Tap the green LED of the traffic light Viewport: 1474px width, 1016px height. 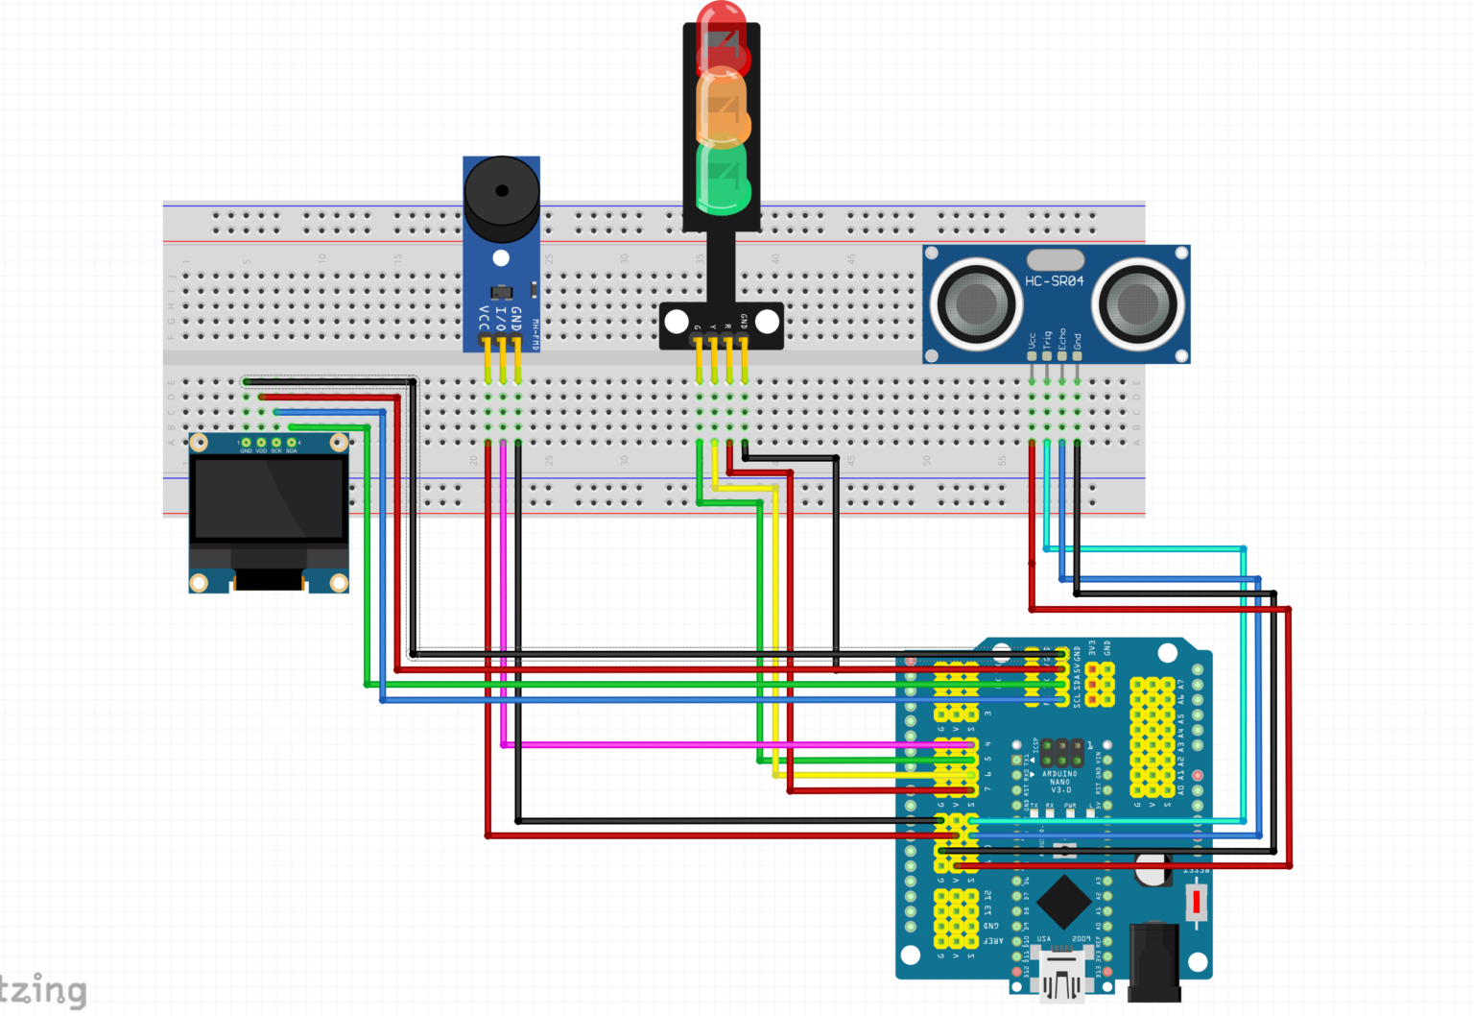point(721,178)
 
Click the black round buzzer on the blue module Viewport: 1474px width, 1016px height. point(501,197)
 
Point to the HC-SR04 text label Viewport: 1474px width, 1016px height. point(1054,281)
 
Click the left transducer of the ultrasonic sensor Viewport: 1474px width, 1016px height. point(975,303)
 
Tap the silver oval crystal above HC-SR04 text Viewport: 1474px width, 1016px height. point(1055,259)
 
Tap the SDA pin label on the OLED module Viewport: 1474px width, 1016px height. point(292,450)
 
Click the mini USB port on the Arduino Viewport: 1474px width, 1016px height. point(1061,980)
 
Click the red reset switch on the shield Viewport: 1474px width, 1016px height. point(1196,903)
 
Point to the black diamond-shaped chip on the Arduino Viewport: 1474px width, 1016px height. point(1062,901)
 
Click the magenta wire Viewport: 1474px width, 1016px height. point(503,595)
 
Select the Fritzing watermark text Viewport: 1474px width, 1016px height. point(43,990)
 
